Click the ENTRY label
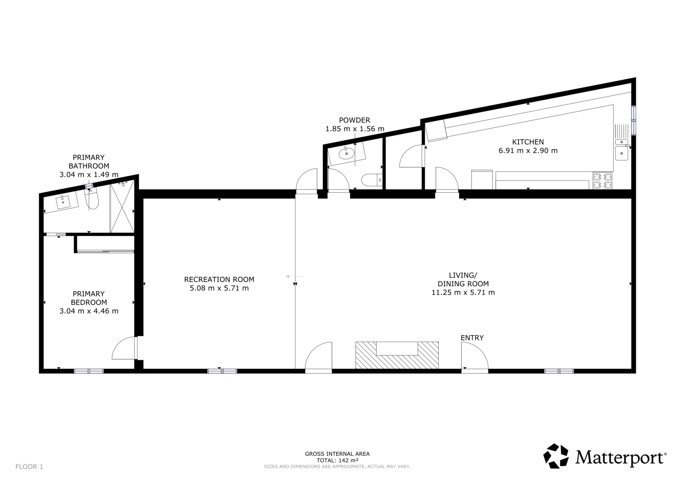click(472, 338)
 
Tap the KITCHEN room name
click(528, 142)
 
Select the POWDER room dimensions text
click(355, 129)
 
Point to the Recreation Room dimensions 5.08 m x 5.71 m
click(219, 288)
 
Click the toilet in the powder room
click(372, 180)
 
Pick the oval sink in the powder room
click(346, 154)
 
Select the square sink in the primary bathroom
click(63, 202)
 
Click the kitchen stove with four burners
click(602, 180)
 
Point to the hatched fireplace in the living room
click(397, 355)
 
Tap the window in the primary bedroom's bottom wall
click(89, 371)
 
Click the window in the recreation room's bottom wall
click(222, 371)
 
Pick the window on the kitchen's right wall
click(633, 120)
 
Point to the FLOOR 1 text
click(29, 466)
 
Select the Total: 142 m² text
click(337, 461)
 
